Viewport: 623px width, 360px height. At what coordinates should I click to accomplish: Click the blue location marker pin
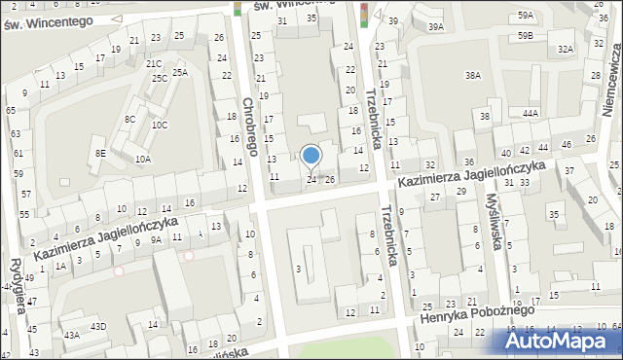(311, 156)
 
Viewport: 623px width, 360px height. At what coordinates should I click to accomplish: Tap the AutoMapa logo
(562, 341)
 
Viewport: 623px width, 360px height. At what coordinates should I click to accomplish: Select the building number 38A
(473, 75)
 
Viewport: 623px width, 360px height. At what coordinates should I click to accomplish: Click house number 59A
(526, 17)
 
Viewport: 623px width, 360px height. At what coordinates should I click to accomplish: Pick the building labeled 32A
(565, 49)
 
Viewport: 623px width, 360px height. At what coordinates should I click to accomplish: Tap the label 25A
(180, 73)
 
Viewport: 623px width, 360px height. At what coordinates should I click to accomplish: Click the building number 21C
(154, 64)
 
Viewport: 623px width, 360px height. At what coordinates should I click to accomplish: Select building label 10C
(159, 125)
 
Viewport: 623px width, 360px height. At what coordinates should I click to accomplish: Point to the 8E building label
(99, 153)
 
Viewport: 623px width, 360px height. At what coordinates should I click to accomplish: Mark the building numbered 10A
(143, 159)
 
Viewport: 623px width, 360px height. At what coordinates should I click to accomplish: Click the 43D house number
(98, 326)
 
